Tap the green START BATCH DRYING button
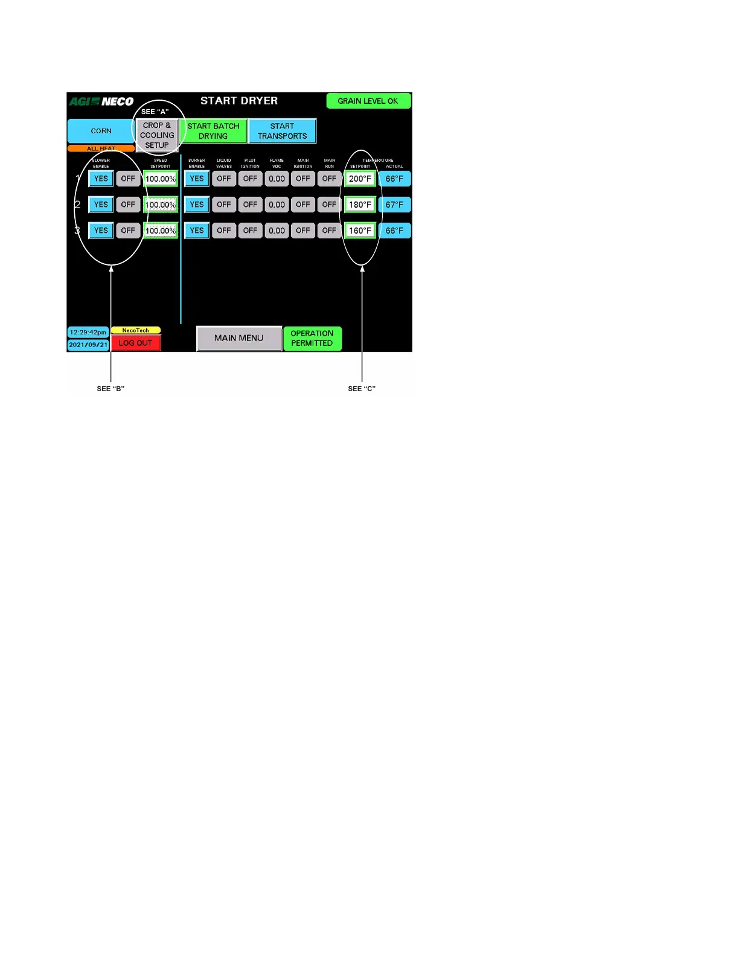tap(213, 131)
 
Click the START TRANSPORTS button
tap(282, 131)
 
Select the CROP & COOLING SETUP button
tap(157, 135)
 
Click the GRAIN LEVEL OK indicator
tap(368, 101)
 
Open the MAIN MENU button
tap(238, 338)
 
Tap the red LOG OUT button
tap(136, 343)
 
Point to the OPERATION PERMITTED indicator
tap(312, 338)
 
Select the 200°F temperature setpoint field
tap(360, 179)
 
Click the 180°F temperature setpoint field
tap(360, 205)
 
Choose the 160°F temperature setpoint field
tap(360, 231)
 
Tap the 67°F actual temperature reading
tap(394, 205)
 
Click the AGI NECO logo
tap(101, 101)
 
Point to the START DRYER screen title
tap(239, 101)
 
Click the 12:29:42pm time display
tap(88, 333)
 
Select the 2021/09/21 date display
tap(88, 345)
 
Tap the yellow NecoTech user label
tap(136, 330)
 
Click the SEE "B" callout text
tap(110, 389)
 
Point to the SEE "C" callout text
tap(362, 389)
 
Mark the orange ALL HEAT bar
tap(101, 148)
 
